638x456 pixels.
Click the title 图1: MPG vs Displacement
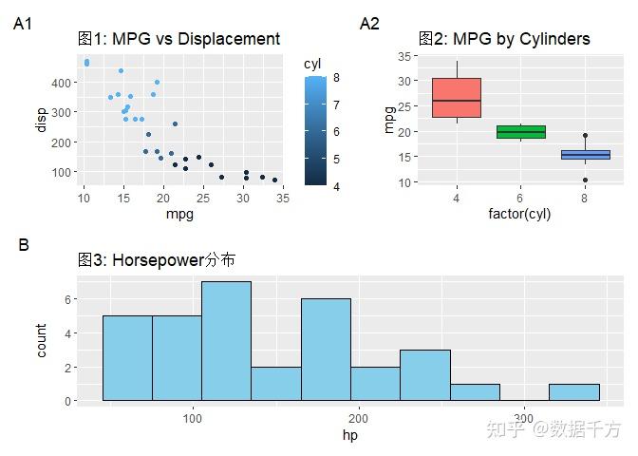(178, 39)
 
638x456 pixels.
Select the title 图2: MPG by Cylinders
(504, 39)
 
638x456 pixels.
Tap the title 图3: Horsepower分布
(157, 259)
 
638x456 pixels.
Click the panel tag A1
(24, 25)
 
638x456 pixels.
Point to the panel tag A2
(369, 25)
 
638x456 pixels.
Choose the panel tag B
(24, 245)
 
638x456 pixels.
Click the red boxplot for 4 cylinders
(457, 98)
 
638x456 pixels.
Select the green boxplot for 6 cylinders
(520, 132)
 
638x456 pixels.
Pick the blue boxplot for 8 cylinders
(585, 155)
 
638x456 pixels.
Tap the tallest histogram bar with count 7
(226, 340)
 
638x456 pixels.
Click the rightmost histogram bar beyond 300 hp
(573, 391)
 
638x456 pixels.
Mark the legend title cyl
(312, 64)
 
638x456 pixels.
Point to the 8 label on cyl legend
(336, 79)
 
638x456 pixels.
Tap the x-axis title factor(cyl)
(519, 214)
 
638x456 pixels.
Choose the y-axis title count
(41, 340)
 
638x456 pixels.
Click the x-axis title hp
(350, 435)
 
